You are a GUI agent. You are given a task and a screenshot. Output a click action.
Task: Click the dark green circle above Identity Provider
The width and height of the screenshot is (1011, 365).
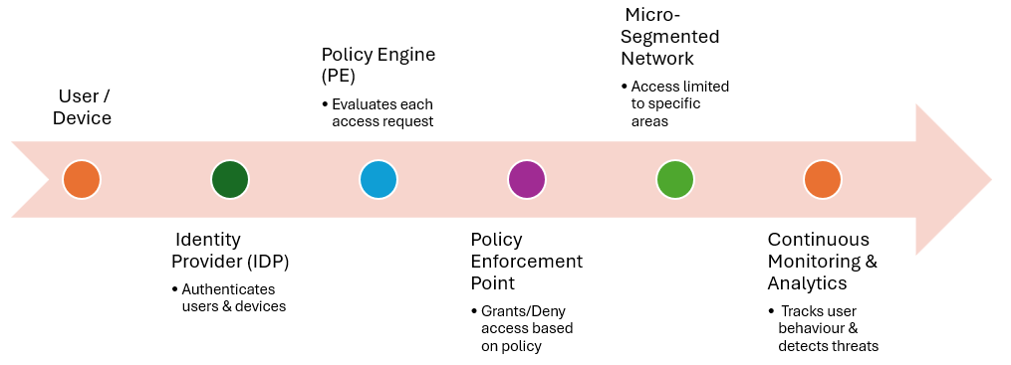[230, 180]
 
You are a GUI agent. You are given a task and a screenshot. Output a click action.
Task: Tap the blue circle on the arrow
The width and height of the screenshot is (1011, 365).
[379, 180]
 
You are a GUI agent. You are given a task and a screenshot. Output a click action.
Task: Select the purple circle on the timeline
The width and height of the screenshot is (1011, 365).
[527, 180]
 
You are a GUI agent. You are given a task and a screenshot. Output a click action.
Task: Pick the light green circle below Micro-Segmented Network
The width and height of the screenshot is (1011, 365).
[675, 180]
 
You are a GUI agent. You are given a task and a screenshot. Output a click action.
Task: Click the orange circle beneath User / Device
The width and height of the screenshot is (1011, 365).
[82, 180]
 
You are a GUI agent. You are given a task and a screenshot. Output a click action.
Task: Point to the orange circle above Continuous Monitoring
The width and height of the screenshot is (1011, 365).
[823, 180]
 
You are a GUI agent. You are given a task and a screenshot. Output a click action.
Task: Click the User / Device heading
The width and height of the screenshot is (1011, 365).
[83, 107]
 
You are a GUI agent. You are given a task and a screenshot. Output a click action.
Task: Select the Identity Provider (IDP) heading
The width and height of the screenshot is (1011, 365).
[230, 251]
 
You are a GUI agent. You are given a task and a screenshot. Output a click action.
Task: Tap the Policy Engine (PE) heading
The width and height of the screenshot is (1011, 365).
[379, 65]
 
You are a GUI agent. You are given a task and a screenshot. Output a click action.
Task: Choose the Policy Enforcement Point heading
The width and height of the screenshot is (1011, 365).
[527, 262]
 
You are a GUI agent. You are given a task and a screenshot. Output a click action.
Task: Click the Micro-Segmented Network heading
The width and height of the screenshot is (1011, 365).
[670, 37]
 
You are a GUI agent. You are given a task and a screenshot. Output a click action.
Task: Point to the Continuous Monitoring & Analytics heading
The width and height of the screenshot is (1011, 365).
[823, 262]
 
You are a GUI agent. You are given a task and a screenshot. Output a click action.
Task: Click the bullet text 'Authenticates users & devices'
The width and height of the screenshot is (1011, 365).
[229, 298]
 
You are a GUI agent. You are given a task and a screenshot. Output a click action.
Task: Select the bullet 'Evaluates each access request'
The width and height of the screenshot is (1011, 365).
[378, 112]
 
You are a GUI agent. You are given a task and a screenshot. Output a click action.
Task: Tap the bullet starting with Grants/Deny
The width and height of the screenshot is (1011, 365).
[522, 329]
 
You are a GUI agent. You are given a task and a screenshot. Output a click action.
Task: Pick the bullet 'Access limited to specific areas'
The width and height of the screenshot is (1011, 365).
[674, 103]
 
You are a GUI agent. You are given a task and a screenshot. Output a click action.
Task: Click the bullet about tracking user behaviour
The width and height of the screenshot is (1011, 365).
[824, 329]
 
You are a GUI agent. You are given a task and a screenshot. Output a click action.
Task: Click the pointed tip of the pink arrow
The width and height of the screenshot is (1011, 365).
[992, 180]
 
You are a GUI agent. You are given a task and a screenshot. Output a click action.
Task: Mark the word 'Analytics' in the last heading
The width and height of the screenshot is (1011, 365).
[807, 283]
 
